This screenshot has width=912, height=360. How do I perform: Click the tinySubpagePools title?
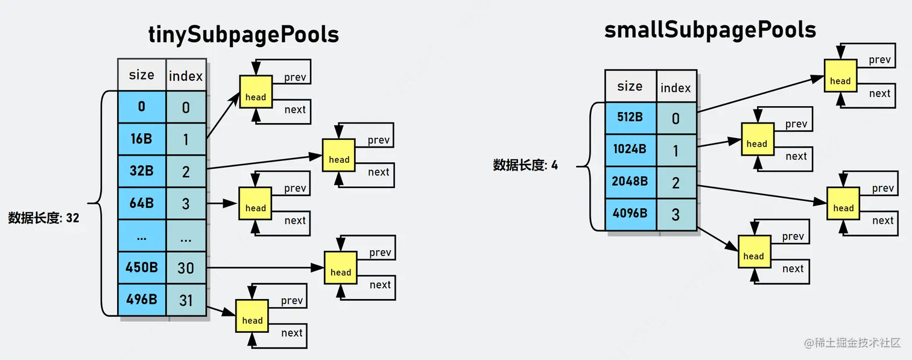click(x=244, y=35)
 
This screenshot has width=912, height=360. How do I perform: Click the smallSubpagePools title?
click(x=710, y=30)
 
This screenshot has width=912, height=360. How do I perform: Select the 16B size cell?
click(x=141, y=139)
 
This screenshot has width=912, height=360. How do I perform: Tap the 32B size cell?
click(x=141, y=171)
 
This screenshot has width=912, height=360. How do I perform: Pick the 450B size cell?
click(x=141, y=267)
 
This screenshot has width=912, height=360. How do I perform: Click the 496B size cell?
click(x=141, y=299)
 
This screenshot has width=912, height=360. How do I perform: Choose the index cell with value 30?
click(x=186, y=267)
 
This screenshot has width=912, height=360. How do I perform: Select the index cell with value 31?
click(x=186, y=299)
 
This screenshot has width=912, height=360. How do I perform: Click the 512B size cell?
click(x=630, y=117)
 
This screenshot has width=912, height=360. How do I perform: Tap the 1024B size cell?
click(x=630, y=149)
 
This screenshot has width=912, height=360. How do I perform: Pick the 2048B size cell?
click(x=630, y=181)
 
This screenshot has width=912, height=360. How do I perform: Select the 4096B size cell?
click(x=630, y=213)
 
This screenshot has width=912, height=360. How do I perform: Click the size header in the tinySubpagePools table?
click(x=141, y=75)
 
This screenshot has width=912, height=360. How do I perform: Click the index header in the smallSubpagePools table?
click(x=676, y=87)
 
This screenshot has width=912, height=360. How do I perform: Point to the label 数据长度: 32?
click(x=43, y=218)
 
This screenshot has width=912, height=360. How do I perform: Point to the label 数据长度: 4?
click(x=525, y=165)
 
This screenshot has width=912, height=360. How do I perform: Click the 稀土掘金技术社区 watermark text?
click(x=857, y=343)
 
